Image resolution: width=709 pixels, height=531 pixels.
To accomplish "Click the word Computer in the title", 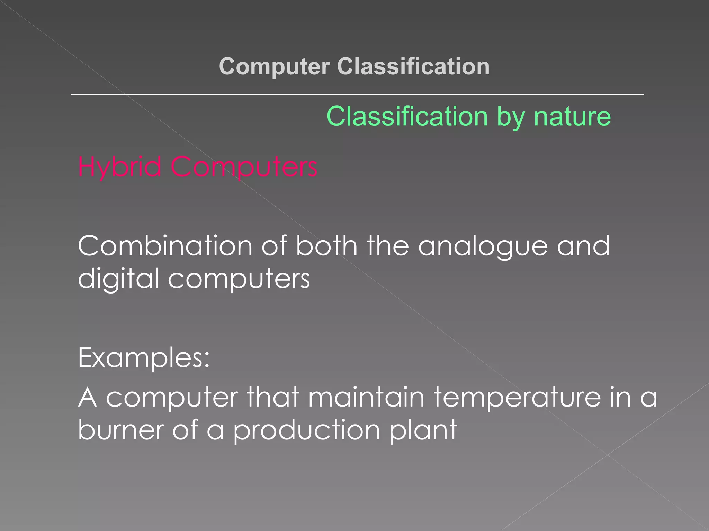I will tap(274, 66).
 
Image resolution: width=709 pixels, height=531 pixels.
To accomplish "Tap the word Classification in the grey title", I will tap(413, 66).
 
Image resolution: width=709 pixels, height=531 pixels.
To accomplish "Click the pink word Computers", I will tap(244, 167).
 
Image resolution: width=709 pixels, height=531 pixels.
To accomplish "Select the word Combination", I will tap(165, 246).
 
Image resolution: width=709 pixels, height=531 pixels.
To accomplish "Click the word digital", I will tap(118, 279).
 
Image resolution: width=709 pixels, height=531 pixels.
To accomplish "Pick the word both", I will tap(326, 246).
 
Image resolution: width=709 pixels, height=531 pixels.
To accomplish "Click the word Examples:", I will tap(144, 358).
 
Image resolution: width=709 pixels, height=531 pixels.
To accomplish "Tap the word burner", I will tap(121, 430).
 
